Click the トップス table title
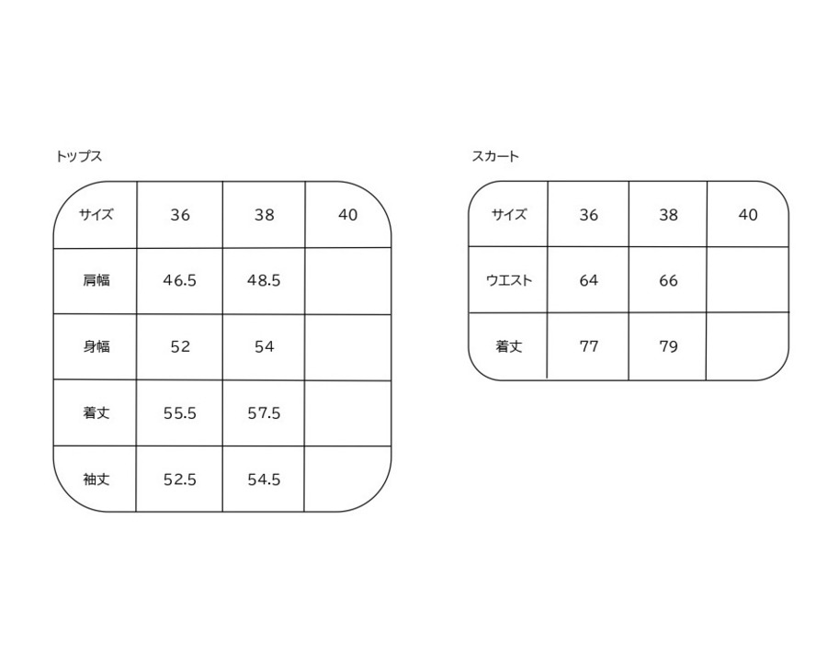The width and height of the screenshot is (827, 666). (78, 156)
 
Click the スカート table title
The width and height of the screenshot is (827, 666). (495, 156)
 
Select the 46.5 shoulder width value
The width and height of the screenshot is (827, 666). (180, 281)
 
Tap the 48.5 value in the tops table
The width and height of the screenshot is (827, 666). (264, 281)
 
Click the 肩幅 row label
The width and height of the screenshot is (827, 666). (96, 281)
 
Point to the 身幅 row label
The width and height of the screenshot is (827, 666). (96, 347)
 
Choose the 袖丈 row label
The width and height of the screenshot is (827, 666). (96, 480)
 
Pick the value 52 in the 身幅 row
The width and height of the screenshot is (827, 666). (180, 347)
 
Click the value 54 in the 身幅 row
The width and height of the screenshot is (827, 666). (264, 347)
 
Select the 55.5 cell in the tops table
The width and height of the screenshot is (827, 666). (180, 413)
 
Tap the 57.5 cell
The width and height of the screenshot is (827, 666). (264, 413)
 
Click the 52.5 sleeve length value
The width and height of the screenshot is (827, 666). (180, 480)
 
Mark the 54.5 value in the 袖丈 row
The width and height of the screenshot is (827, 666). (264, 480)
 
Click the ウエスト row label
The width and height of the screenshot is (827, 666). (508, 281)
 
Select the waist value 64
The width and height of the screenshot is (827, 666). (589, 281)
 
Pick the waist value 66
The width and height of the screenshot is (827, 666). (668, 281)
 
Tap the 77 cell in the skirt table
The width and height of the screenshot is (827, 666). (589, 347)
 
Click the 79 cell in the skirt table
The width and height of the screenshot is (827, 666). (668, 347)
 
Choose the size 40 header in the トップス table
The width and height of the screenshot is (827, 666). (347, 215)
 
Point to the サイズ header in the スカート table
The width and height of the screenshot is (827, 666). (508, 215)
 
